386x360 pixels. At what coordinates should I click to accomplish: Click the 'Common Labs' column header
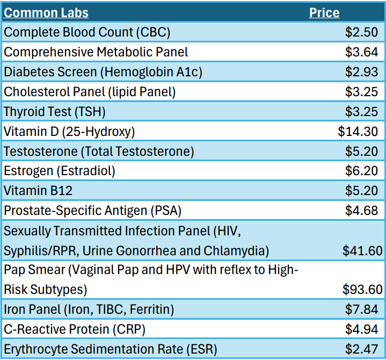(46, 12)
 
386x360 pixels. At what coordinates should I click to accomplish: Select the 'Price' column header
(324, 12)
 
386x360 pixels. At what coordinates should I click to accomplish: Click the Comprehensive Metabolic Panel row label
(96, 52)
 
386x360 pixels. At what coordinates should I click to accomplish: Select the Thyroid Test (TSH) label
(55, 112)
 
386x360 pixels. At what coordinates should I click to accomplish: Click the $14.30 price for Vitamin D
(358, 132)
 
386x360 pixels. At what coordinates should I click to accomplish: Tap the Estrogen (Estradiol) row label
(60, 171)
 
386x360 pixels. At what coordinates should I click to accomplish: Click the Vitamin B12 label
(38, 191)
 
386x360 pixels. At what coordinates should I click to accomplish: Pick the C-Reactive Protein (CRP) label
(75, 329)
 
